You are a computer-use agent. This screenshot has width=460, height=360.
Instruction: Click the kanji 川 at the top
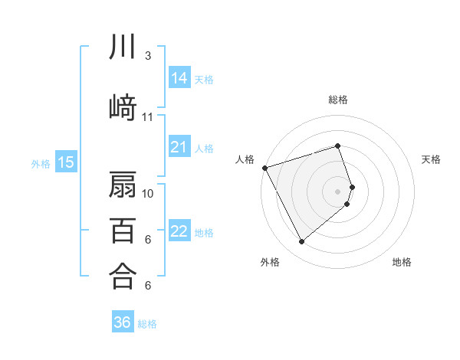point(122,47)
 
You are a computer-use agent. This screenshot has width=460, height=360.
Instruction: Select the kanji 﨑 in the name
point(122,107)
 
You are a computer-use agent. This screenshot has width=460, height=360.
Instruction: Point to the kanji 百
point(122,230)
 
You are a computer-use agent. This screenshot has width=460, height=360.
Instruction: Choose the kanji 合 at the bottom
point(122,276)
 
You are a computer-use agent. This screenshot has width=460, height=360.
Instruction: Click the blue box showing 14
point(179,78)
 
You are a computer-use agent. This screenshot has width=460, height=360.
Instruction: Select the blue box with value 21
point(179,147)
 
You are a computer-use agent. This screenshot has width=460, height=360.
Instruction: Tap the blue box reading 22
point(179,231)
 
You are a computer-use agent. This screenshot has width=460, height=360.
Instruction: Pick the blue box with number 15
point(65,162)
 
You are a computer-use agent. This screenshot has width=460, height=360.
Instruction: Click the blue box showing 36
point(123,322)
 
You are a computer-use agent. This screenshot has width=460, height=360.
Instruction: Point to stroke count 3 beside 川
point(147,56)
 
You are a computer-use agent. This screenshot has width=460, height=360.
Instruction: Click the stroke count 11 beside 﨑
point(147,117)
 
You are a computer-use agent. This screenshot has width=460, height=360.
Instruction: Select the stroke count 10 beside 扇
point(148,193)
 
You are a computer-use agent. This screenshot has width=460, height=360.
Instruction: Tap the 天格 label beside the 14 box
point(204,79)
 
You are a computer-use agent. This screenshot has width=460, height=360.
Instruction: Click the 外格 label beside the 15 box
point(41,163)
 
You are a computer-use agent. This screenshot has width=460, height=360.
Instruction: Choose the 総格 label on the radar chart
point(338,100)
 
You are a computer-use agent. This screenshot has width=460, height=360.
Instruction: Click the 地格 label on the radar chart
point(402,262)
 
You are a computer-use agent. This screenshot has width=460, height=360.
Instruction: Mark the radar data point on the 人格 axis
point(264,168)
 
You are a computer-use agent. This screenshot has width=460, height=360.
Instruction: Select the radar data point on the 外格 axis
point(301,242)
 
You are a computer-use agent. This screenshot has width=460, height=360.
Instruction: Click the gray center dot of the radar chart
point(338,191)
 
